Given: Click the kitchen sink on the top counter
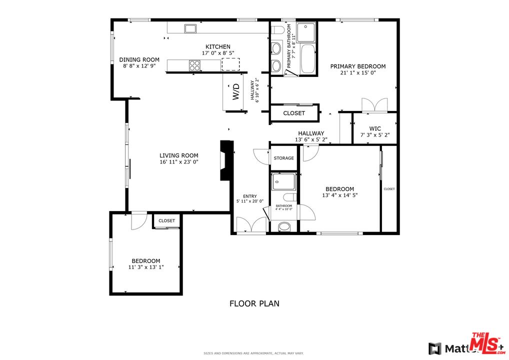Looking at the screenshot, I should pyautogui.click(x=190, y=28).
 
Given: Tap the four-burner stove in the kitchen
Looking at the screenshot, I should pyautogui.click(x=195, y=65).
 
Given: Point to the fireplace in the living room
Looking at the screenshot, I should pyautogui.click(x=226, y=160).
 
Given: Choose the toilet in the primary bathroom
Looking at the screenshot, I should pyautogui.click(x=278, y=30).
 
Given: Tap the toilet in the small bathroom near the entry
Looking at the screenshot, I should pyautogui.click(x=283, y=227).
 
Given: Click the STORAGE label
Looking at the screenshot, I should pyautogui.click(x=284, y=158).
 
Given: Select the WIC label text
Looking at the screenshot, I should pyautogui.click(x=375, y=128).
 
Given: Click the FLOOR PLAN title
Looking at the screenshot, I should pyautogui.click(x=254, y=303).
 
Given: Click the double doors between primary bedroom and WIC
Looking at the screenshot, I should pyautogui.click(x=374, y=104).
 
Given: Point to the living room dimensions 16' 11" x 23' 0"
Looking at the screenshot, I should pyautogui.click(x=179, y=161).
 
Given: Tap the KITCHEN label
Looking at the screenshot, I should pyautogui.click(x=216, y=46).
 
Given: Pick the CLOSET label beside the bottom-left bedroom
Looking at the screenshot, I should pyautogui.click(x=167, y=220).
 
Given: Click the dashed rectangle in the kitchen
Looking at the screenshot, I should pyautogui.click(x=230, y=64).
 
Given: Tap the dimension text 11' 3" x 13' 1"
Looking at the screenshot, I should pyautogui.click(x=146, y=267).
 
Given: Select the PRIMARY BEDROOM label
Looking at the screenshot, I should pyautogui.click(x=357, y=66).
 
